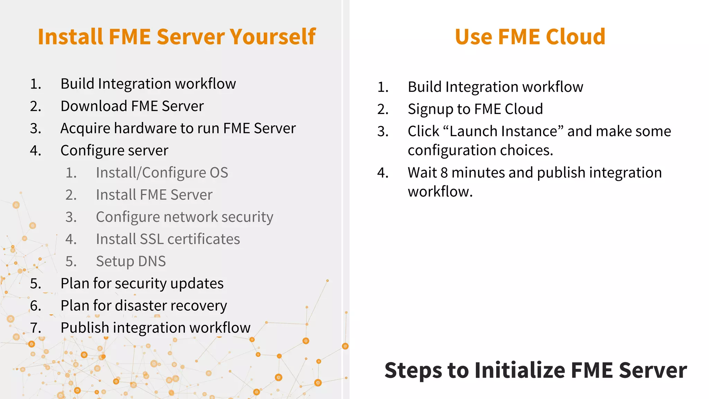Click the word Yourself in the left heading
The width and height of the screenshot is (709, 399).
(272, 37)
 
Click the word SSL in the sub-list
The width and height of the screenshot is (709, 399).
(151, 239)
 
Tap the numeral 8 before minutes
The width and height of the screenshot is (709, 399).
(444, 172)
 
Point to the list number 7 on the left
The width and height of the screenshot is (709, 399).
(35, 328)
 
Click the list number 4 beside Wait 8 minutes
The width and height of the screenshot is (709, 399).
(383, 172)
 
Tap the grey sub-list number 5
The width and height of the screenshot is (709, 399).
(71, 261)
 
